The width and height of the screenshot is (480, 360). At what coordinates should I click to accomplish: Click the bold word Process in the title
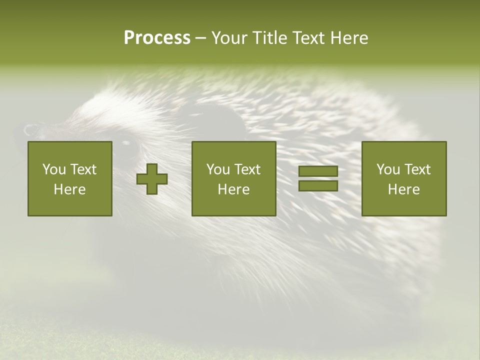[157, 37]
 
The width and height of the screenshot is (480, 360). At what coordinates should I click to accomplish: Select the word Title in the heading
[269, 37]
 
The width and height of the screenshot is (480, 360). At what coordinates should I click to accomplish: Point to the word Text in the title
[310, 37]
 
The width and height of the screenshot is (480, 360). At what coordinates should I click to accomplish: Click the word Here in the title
[350, 37]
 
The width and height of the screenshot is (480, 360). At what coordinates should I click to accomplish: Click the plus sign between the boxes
[152, 179]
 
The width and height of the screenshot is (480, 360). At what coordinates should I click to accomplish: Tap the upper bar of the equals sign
[318, 171]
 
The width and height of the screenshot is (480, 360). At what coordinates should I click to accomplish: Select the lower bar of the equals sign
[318, 186]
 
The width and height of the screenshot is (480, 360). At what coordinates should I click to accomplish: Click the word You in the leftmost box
[54, 169]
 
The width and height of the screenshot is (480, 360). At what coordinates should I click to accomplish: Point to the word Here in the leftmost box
[69, 189]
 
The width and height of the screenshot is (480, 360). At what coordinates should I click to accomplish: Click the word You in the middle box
[218, 169]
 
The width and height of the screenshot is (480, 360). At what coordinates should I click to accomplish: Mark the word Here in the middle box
[234, 189]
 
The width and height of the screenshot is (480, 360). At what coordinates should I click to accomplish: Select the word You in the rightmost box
[388, 169]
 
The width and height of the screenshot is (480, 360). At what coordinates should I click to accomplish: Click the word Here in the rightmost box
[404, 189]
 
